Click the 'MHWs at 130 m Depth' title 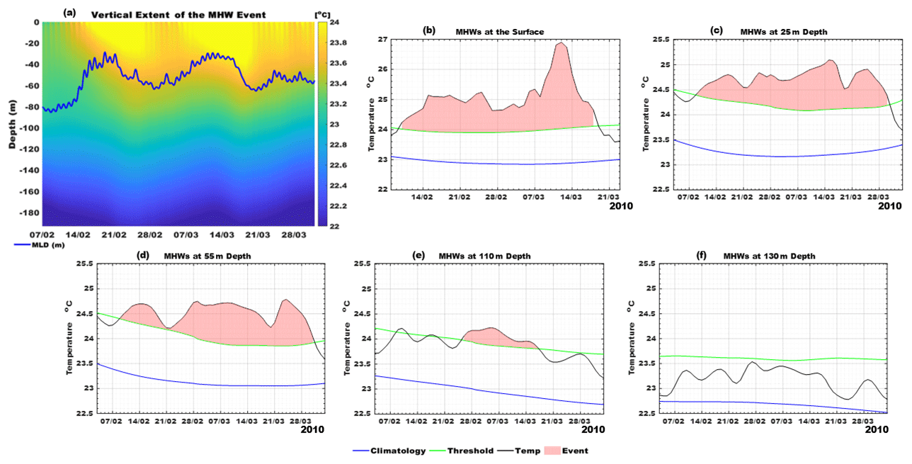coord(768,256)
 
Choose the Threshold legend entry coord(470,451)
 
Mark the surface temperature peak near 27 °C coord(562,43)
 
